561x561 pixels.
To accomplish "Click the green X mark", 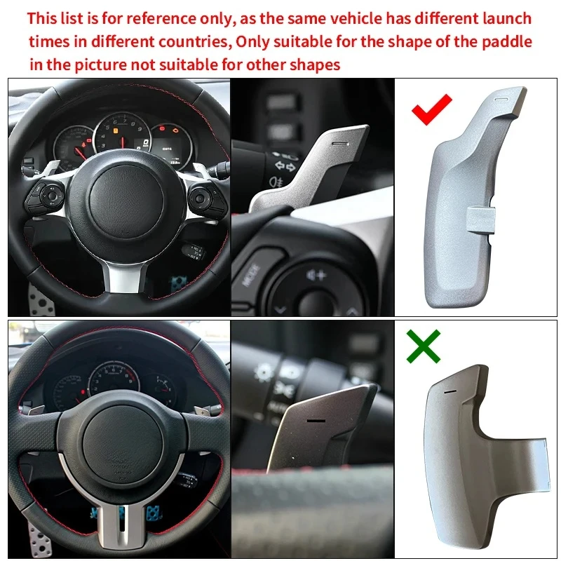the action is coord(424,346).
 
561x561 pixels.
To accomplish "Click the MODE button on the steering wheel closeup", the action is coord(251,275).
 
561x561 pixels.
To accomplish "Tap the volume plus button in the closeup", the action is coord(317,276).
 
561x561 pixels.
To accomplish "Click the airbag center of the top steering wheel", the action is coord(126,201).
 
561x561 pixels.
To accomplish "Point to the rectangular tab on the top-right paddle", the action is coord(481,219).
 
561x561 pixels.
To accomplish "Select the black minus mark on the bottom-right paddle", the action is coord(450,391).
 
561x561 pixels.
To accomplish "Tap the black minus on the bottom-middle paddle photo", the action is coord(316,421).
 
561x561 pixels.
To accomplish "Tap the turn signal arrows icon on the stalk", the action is coord(285,166).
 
